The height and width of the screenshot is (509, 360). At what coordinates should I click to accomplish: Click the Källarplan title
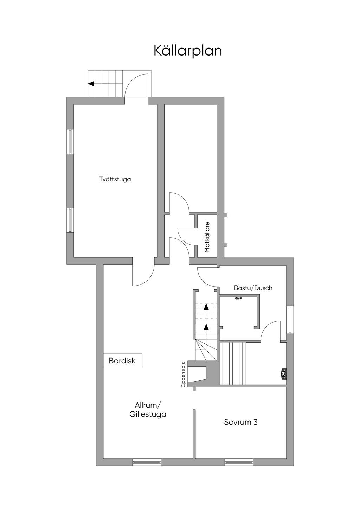(188, 51)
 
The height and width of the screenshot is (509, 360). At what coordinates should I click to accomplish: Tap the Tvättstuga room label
(115, 179)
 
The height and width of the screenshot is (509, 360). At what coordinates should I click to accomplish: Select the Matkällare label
(207, 237)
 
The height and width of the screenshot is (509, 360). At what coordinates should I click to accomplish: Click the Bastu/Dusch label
(253, 288)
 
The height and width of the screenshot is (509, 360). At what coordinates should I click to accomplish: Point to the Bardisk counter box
(122, 361)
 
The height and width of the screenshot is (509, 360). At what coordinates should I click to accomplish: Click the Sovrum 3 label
(241, 422)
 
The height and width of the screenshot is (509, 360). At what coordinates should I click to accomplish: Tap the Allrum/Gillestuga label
(148, 410)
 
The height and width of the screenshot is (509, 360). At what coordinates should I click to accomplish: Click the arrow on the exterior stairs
(91, 84)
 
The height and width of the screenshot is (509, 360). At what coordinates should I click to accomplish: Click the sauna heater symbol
(283, 374)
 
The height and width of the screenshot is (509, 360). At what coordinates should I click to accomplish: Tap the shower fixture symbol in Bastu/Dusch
(239, 298)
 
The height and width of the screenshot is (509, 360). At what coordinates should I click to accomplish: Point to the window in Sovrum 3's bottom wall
(239, 462)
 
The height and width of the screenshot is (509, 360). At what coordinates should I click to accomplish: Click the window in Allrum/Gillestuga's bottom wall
(147, 462)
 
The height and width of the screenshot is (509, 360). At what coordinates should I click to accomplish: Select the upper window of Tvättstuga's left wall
(70, 141)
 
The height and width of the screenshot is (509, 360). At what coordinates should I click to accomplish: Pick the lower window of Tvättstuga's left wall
(70, 220)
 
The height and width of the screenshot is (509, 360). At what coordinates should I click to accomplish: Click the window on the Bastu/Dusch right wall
(290, 320)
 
